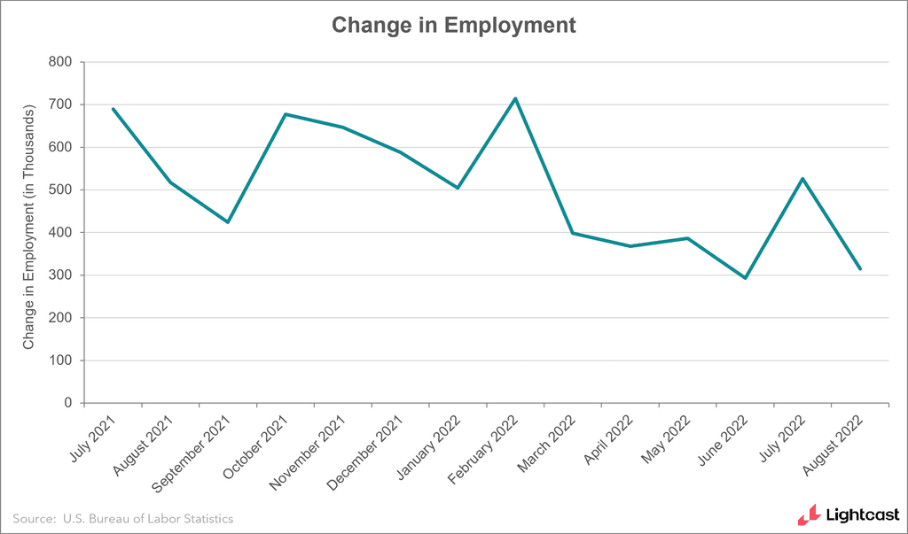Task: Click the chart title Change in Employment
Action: pyautogui.click(x=454, y=25)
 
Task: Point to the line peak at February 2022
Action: pyautogui.click(x=515, y=98)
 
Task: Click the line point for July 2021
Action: pyautogui.click(x=113, y=109)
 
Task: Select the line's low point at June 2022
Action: pyautogui.click(x=745, y=278)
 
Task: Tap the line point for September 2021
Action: pyautogui.click(x=228, y=221)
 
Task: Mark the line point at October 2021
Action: pyautogui.click(x=286, y=114)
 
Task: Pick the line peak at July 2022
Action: pyautogui.click(x=802, y=179)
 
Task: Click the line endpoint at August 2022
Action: pyautogui.click(x=859, y=269)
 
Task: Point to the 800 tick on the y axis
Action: pyautogui.click(x=60, y=62)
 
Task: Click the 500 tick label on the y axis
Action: pyautogui.click(x=60, y=190)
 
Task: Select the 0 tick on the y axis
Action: pyautogui.click(x=67, y=403)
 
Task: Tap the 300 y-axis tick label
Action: pyautogui.click(x=60, y=275)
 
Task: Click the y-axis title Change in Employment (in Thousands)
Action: pyautogui.click(x=29, y=226)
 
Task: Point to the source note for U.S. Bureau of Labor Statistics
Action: pyautogui.click(x=123, y=518)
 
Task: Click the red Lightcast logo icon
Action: pyautogui.click(x=808, y=514)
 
